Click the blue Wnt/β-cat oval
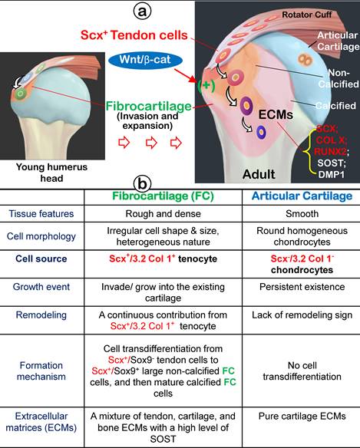[x=142, y=58]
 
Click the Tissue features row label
[x=48, y=215]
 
